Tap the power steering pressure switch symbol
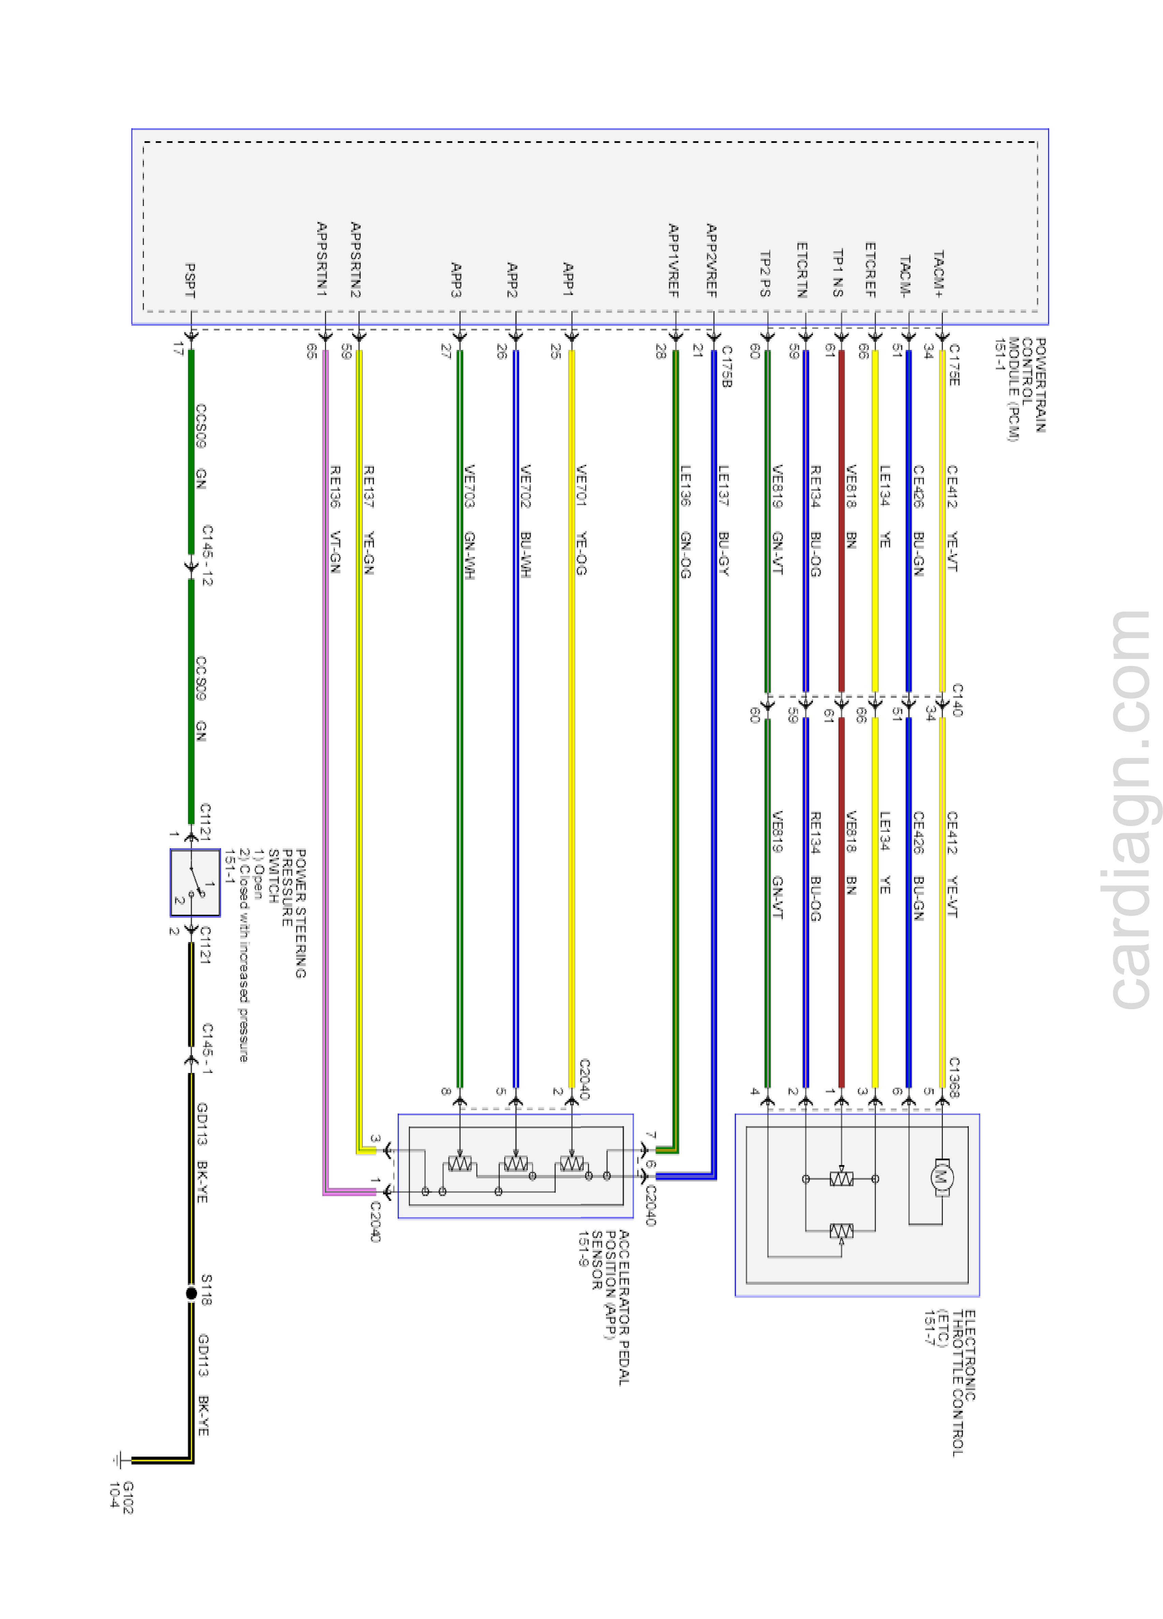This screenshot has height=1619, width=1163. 195,882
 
